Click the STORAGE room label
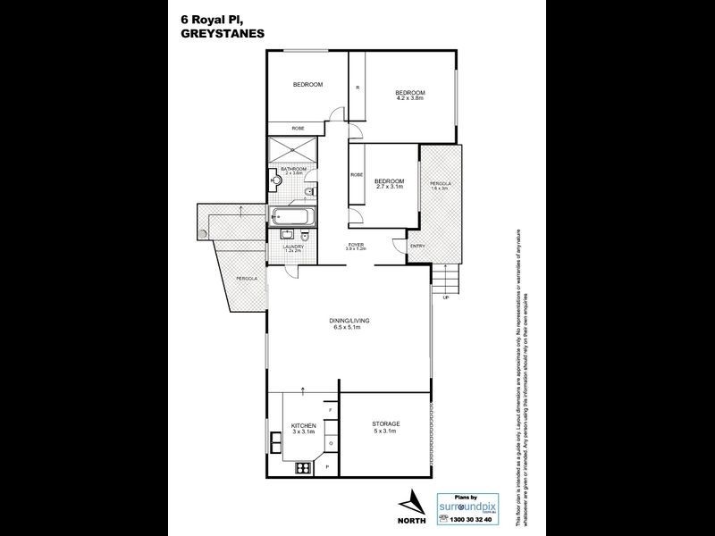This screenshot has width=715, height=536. (x=386, y=423)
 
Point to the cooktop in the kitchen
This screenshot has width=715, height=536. (x=301, y=466)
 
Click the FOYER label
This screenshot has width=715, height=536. (x=355, y=244)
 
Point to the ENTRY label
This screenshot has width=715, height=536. (x=416, y=247)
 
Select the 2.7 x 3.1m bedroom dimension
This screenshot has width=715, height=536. (x=390, y=187)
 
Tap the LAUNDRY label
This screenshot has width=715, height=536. (x=294, y=247)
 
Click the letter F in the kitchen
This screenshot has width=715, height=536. (x=329, y=408)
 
